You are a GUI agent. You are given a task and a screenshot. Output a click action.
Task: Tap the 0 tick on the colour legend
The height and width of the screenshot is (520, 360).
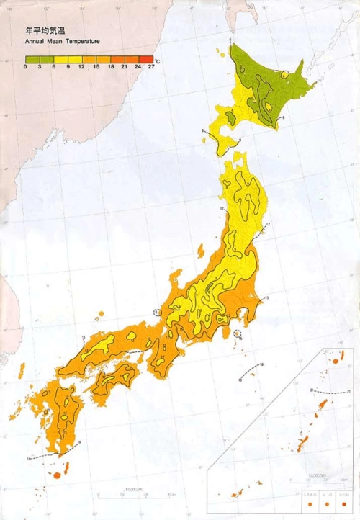pyautogui.click(x=25, y=66)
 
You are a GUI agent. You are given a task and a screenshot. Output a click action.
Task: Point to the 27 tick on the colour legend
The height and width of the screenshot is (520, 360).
pyautogui.click(x=152, y=66)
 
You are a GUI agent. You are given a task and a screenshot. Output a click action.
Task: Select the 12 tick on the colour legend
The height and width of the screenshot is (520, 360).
pyautogui.click(x=81, y=66)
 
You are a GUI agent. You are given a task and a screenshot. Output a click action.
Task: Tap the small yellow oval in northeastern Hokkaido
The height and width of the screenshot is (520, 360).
pyautogui.click(x=285, y=73)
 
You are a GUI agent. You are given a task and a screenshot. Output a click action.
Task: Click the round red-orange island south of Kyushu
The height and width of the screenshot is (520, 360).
pyautogui.click(x=57, y=475)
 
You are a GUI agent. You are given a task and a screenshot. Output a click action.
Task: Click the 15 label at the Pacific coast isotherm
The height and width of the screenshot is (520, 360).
pyautogui.click(x=265, y=297)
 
